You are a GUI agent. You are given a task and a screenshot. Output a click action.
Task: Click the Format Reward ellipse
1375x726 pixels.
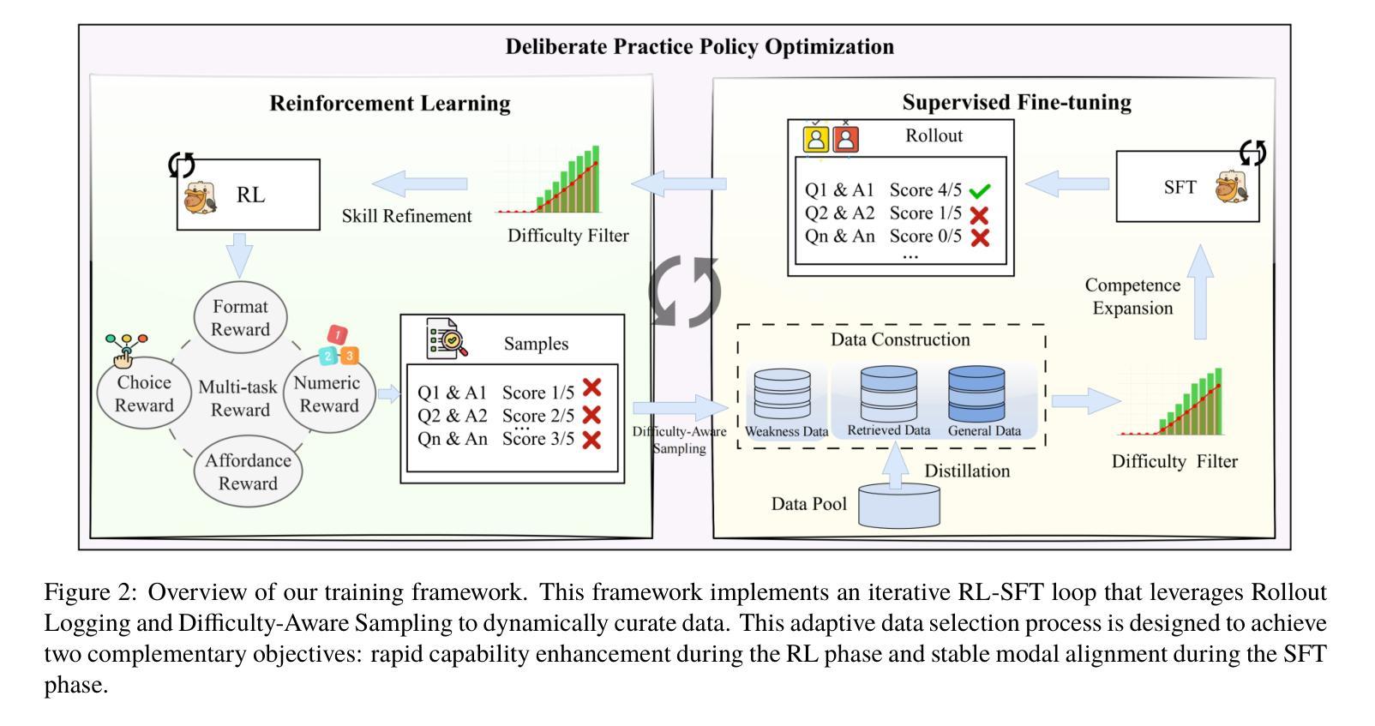(240, 318)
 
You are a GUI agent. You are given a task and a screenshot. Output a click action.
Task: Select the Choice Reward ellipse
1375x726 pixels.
(144, 394)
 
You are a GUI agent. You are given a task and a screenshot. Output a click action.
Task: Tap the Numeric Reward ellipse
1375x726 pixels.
(329, 394)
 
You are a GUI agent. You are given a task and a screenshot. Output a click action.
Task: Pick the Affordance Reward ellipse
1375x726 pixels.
(248, 471)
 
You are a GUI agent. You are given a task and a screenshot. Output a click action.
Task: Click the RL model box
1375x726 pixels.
(248, 195)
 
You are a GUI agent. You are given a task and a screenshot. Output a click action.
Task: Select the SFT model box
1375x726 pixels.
(1187, 187)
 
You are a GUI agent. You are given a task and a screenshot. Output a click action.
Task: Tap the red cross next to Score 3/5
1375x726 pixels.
(591, 440)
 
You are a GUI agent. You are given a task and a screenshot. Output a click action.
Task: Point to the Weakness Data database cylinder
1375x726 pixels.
(781, 394)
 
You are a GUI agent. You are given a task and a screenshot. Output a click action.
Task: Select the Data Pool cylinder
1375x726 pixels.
(899, 507)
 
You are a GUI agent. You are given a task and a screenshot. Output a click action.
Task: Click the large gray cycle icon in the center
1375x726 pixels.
(685, 292)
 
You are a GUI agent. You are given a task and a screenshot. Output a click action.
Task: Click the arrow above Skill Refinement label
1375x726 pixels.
(420, 183)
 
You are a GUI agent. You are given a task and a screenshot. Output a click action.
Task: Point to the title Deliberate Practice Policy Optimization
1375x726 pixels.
(699, 46)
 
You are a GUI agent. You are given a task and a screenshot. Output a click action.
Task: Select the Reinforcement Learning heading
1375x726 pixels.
(390, 104)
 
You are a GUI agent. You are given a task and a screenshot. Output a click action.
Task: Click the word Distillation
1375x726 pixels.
(967, 471)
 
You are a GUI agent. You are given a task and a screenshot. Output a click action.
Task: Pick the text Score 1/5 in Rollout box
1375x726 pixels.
(925, 213)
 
